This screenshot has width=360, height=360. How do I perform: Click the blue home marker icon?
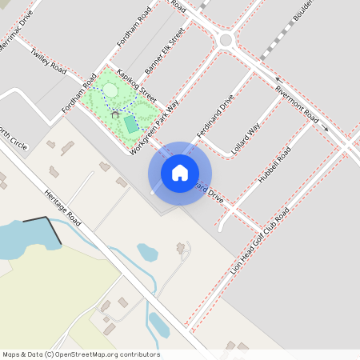pos(180,173)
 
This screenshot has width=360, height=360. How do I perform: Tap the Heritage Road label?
pos(64,207)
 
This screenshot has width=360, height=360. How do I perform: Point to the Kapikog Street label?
pos(136,83)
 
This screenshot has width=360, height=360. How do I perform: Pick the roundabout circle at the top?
pos(226,39)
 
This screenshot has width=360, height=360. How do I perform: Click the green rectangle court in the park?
pos(131,124)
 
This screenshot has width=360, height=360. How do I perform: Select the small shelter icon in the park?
pos(115,114)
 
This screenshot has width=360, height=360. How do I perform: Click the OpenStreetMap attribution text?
pos(81,354)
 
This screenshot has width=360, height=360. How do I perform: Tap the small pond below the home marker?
pos(147,253)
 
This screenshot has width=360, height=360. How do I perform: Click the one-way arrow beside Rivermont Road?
pos(324,128)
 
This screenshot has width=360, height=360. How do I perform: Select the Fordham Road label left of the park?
pos(79,93)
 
